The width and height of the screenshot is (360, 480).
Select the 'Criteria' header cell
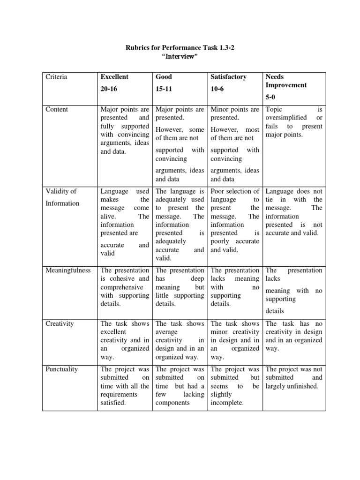pyautogui.click(x=56, y=77)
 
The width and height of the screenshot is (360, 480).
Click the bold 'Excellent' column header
pyautogui.click(x=114, y=77)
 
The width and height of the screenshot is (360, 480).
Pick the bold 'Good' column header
pyautogui.click(x=164, y=77)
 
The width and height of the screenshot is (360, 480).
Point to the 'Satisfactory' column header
pyautogui.click(x=229, y=77)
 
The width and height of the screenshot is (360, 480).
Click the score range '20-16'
pyautogui.click(x=109, y=88)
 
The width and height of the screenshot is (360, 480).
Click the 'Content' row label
pyautogui.click(x=57, y=109)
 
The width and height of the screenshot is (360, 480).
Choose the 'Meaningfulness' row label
pyautogui.click(x=68, y=270)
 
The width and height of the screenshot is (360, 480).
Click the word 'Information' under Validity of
pyautogui.click(x=62, y=203)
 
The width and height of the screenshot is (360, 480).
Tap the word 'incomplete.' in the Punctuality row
pyautogui.click(x=227, y=403)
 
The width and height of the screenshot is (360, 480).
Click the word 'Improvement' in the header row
pyautogui.click(x=286, y=85)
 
